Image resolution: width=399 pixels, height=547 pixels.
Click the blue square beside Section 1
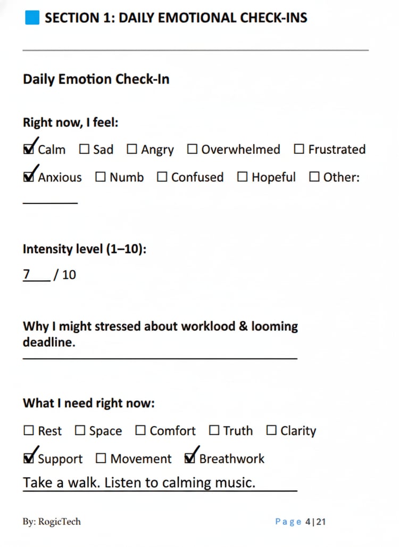click(32, 18)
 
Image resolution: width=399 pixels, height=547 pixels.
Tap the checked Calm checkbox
click(29, 150)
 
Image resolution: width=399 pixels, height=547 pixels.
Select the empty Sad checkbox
click(84, 150)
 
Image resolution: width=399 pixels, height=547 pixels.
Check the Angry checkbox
click(132, 150)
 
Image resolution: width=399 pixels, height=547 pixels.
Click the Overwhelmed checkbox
click(192, 150)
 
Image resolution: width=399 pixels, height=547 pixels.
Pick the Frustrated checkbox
click(300, 150)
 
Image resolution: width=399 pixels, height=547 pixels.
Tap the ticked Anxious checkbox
click(29, 177)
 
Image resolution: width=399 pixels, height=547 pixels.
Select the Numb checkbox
click(101, 177)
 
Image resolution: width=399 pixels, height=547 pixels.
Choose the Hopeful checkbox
click(243, 177)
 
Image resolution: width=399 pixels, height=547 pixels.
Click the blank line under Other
click(50, 201)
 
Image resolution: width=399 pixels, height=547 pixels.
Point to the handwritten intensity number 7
click(27, 274)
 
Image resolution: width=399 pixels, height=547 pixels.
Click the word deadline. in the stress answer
click(49, 342)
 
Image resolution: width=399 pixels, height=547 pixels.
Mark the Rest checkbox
click(29, 430)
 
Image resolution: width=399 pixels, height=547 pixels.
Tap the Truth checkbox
click(214, 430)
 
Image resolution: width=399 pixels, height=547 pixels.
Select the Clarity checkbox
click(271, 430)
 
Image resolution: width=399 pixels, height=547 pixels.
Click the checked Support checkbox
click(29, 459)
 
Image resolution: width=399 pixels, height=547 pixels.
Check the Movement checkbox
click(101, 459)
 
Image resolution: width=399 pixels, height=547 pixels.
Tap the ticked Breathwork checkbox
click(190, 459)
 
